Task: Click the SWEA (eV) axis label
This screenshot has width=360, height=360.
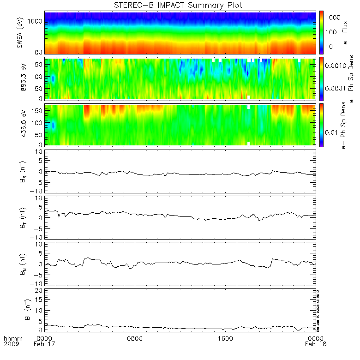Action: pos(19,32)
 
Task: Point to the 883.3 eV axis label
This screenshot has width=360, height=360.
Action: pos(19,78)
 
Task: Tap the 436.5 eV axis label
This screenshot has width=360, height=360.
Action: pos(19,125)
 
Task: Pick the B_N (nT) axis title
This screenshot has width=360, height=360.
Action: pos(19,263)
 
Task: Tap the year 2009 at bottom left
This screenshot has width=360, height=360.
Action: pos(11,344)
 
